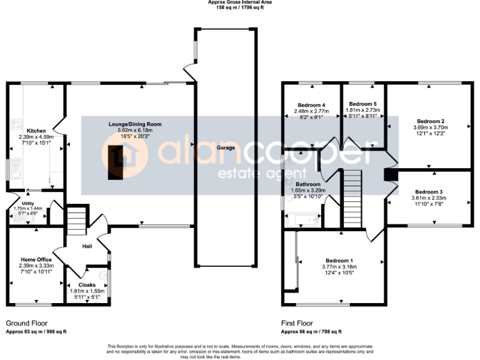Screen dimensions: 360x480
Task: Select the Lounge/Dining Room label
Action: point(136,124)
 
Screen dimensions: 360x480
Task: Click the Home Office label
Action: point(36,259)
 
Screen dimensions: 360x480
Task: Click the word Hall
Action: point(87,246)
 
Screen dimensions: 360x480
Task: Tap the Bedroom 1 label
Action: point(339,261)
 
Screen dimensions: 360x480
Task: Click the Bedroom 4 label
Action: point(311,105)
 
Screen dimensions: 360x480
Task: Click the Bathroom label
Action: point(308,184)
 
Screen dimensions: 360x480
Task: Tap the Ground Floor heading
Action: point(27,324)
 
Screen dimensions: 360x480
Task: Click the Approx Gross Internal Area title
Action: point(240,2)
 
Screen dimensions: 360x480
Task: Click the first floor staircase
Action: point(352,199)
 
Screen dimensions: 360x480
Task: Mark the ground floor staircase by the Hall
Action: point(76,221)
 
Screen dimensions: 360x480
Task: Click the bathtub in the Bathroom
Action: point(302,219)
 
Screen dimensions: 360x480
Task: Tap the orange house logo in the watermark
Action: point(124,156)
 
